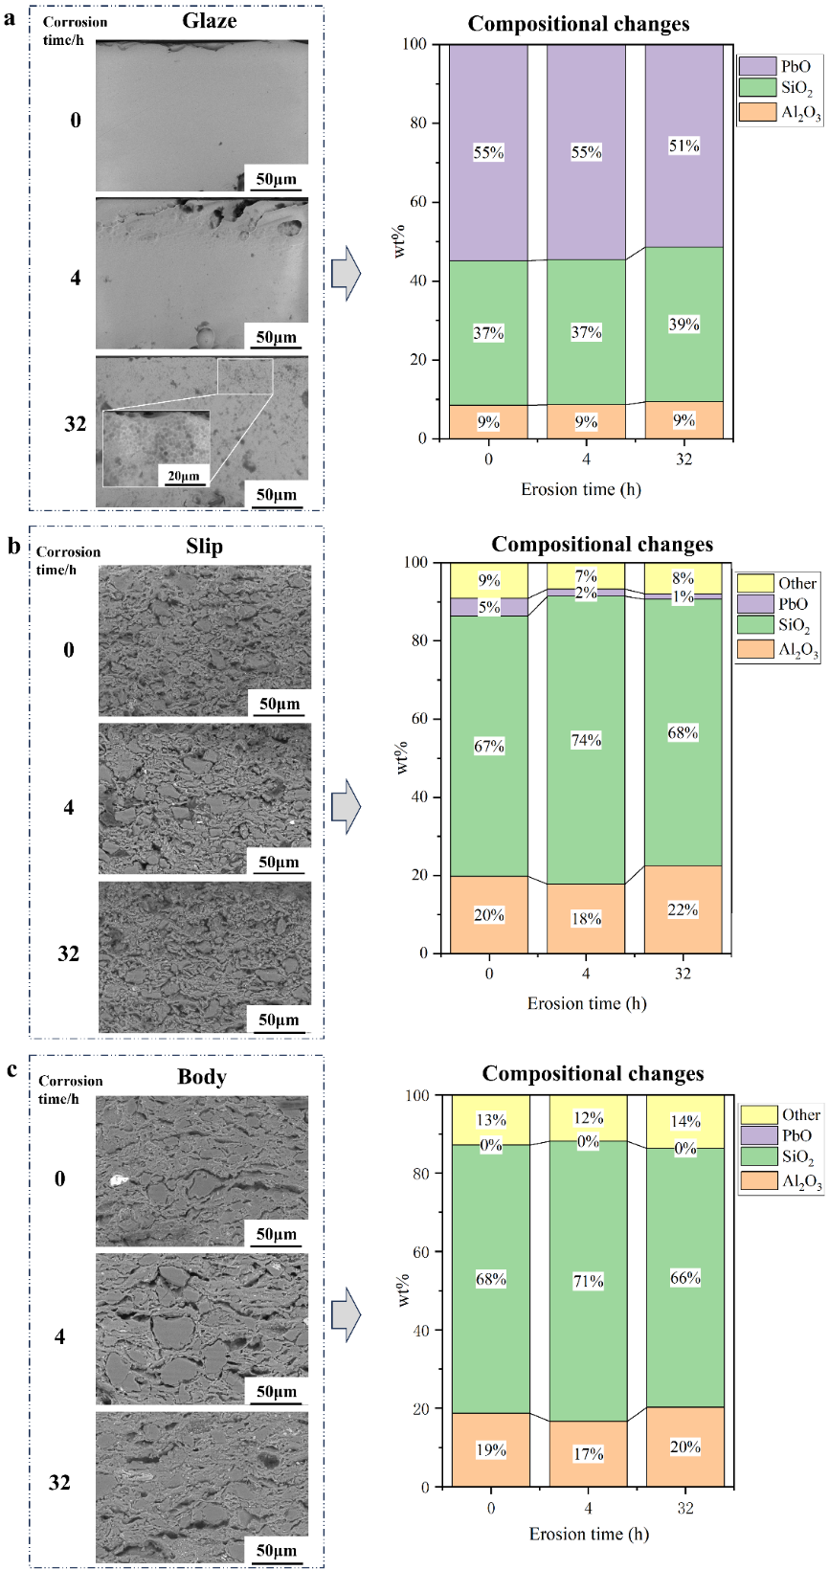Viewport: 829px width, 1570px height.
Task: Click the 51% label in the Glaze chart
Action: pos(684,146)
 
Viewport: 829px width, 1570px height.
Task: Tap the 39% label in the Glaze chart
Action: pos(684,325)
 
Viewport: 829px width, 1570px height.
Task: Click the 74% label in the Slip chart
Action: pos(587,740)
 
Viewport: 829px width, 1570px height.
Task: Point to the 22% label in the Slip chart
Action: pos(683,909)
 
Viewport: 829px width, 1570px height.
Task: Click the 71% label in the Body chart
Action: pos(589,1281)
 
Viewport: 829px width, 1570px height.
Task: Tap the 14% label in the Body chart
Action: pos(685,1121)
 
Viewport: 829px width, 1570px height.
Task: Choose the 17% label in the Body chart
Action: pos(589,1454)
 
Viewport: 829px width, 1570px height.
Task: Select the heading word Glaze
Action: pos(209,20)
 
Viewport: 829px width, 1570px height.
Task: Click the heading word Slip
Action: pos(204,547)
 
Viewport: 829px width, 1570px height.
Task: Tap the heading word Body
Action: pos(202,1077)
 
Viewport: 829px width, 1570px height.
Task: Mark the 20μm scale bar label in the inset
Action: pos(184,476)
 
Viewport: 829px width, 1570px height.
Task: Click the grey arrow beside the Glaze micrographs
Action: pos(346,274)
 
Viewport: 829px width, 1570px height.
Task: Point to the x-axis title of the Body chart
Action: pos(589,1534)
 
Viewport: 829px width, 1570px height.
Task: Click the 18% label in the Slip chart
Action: pos(586,919)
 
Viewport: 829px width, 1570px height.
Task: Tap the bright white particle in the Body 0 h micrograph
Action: pos(119,1181)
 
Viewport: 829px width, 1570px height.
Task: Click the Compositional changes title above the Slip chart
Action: pos(602,545)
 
